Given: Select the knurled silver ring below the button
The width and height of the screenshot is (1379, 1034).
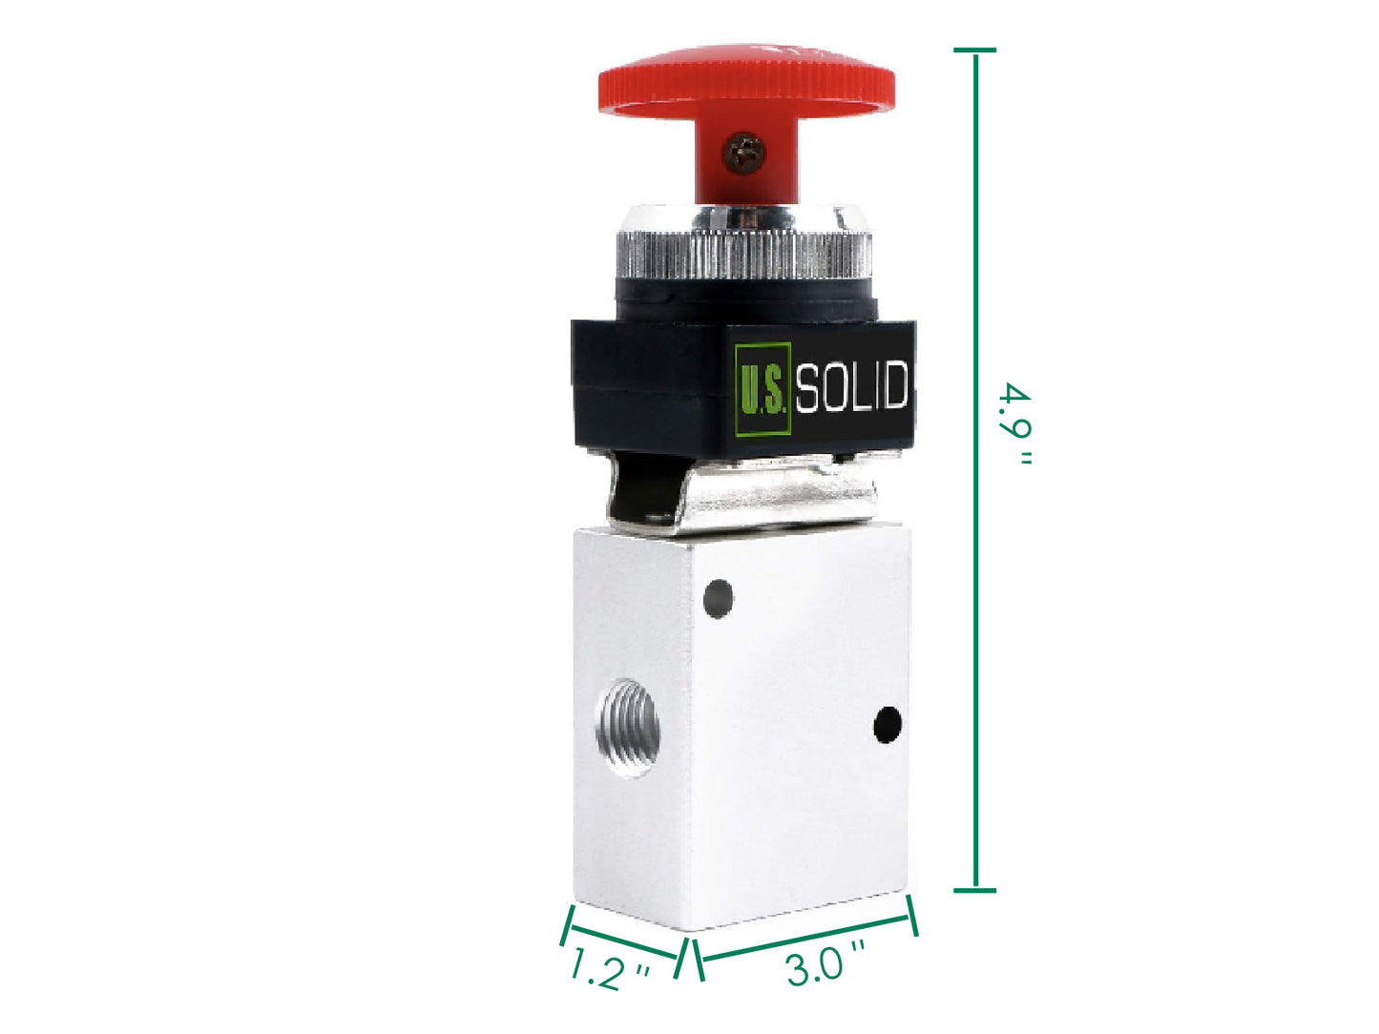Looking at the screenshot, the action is click(x=744, y=256).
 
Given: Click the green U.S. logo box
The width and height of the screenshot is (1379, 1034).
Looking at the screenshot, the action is click(x=763, y=388).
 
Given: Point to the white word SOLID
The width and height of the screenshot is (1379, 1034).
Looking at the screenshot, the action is click(x=851, y=386).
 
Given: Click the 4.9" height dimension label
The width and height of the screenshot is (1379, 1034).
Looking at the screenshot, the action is click(x=1015, y=424).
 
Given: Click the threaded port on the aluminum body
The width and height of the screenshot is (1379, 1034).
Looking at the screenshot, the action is click(x=627, y=728).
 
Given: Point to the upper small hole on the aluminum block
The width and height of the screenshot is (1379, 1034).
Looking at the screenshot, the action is click(x=718, y=599).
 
